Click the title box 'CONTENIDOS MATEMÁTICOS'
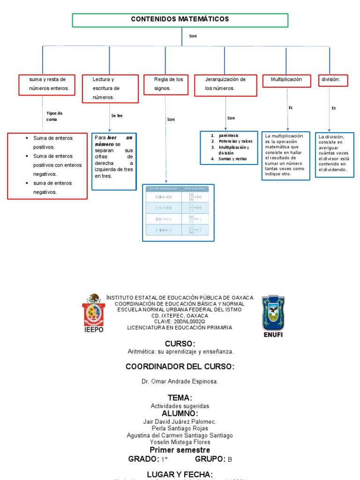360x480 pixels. (x=180, y=20)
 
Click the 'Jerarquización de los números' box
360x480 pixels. (x=225, y=84)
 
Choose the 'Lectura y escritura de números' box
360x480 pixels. (x=110, y=88)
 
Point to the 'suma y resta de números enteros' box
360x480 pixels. (x=47, y=84)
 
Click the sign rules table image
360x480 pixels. (x=178, y=213)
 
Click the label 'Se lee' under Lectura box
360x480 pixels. (x=117, y=115)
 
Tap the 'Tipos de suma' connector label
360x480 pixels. (x=54, y=116)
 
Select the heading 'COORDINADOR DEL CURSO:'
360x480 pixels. (x=180, y=367)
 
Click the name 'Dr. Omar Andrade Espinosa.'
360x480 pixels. (x=180, y=382)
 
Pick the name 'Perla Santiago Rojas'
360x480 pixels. (x=180, y=428)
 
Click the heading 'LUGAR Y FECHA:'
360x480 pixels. (x=180, y=474)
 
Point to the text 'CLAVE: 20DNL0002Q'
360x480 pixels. (x=180, y=322)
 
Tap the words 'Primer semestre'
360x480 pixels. (x=180, y=450)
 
